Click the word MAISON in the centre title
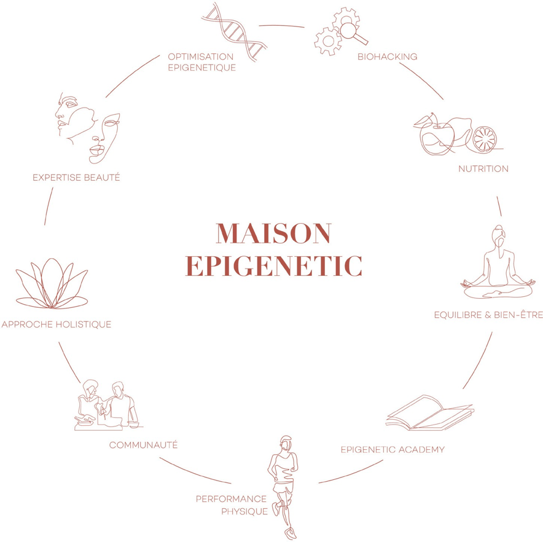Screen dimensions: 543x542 (x=273, y=234)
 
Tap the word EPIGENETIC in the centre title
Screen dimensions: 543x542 (x=273, y=266)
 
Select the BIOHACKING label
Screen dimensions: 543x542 (x=387, y=57)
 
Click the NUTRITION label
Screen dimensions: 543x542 (x=483, y=169)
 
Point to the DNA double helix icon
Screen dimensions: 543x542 (x=235, y=32)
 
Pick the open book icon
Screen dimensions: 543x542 (x=430, y=413)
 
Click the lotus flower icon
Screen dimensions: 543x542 (x=52, y=283)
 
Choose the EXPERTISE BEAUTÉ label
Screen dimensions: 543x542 (x=76, y=177)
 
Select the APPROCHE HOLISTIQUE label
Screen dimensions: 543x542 (x=57, y=324)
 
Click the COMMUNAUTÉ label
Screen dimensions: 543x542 (x=143, y=445)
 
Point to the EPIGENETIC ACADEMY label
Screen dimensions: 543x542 (x=393, y=449)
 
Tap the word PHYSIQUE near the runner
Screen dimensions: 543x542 (x=244, y=511)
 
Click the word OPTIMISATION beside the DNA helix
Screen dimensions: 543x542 (x=201, y=57)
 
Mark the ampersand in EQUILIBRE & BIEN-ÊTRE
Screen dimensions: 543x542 (x=488, y=315)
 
